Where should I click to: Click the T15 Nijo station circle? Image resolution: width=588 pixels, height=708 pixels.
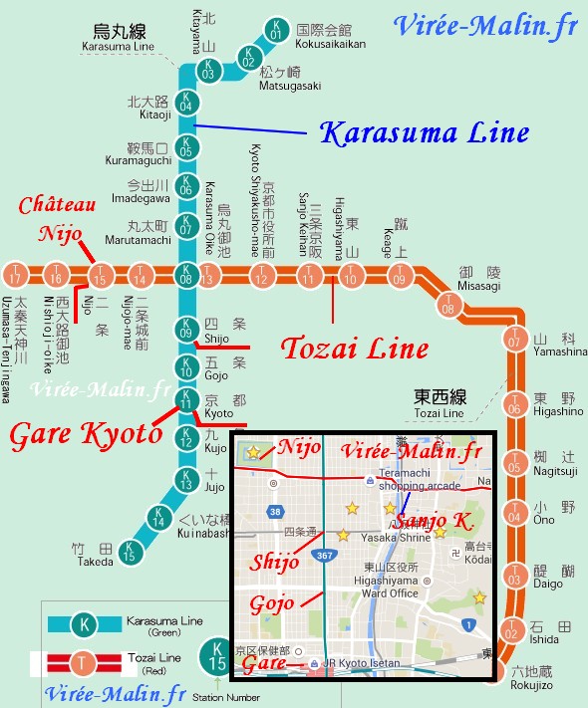click(x=100, y=276)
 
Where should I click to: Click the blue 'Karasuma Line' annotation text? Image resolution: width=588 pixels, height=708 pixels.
click(x=423, y=132)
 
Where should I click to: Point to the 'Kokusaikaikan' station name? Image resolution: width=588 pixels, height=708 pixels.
click(x=331, y=44)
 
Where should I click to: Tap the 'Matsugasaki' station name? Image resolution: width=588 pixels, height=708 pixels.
click(x=290, y=86)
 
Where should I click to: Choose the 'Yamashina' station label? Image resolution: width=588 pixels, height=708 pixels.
click(x=559, y=351)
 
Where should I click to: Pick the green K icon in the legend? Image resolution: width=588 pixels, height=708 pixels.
click(x=87, y=624)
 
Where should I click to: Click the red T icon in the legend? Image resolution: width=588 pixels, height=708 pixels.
click(x=87, y=661)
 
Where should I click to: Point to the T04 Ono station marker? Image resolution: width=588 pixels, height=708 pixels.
click(x=514, y=515)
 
